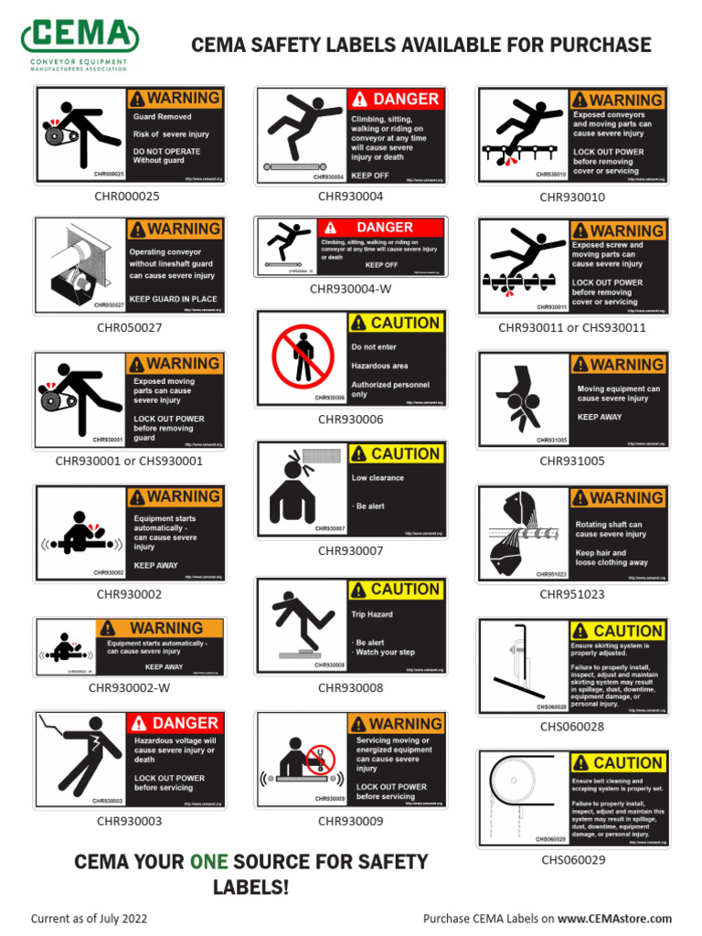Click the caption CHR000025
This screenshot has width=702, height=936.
click(x=128, y=196)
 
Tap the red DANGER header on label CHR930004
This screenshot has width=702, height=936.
click(x=396, y=99)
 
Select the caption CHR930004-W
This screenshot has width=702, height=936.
click(x=350, y=289)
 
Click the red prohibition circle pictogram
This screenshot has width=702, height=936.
click(x=303, y=356)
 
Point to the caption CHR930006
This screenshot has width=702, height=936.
click(x=350, y=420)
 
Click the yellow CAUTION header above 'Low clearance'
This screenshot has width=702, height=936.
click(x=396, y=454)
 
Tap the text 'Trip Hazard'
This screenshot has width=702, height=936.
click(x=372, y=614)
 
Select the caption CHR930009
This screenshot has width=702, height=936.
click(x=350, y=821)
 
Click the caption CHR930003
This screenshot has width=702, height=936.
click(x=129, y=821)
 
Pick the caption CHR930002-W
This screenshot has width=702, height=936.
click(x=129, y=687)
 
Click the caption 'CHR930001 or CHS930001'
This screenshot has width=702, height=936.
click(x=129, y=461)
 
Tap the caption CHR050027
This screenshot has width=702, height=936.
click(x=129, y=326)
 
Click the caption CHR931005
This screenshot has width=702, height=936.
click(x=572, y=461)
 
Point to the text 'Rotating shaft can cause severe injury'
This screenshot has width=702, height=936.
click(x=609, y=529)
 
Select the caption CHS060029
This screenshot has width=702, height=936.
click(x=572, y=859)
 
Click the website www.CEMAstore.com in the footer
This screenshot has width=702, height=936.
click(x=614, y=919)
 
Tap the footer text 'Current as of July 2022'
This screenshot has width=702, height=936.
click(x=89, y=919)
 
